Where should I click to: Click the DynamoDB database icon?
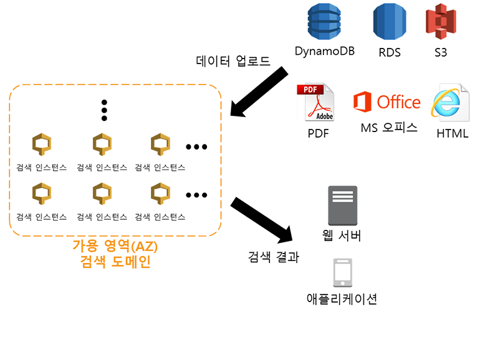[325, 24]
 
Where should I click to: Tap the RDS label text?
[390, 53]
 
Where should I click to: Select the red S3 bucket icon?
[441, 24]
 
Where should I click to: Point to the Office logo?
[386, 102]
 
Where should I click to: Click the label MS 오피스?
[389, 128]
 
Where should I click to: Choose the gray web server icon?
[343, 205]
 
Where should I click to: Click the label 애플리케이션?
[342, 298]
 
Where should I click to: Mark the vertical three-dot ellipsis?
[104, 110]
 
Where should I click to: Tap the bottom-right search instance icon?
[160, 194]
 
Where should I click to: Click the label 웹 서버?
[343, 235]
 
